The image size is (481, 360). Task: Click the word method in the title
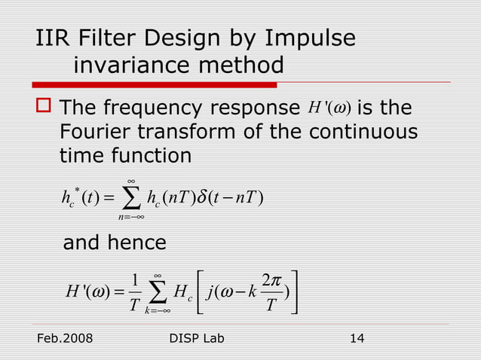coord(246,66)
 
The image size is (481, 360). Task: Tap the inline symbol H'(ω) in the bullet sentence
coord(329,108)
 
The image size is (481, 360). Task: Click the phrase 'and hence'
coord(114,243)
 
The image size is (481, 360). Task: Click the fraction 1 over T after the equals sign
coord(132,292)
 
